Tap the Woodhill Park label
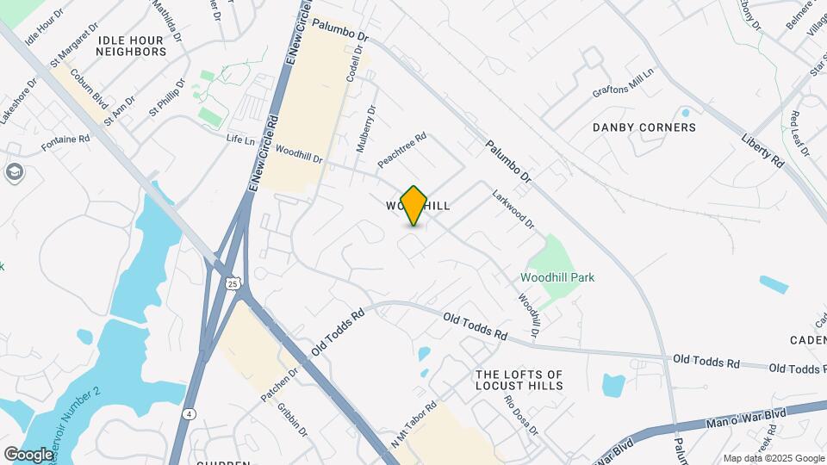(x=557, y=277)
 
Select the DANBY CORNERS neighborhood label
(x=644, y=127)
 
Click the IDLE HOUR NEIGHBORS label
(x=131, y=46)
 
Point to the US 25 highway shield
(x=233, y=282)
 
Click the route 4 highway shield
(x=188, y=413)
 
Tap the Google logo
(x=28, y=454)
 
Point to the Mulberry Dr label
(x=367, y=129)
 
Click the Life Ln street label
(x=240, y=139)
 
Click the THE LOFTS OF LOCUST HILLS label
(x=519, y=380)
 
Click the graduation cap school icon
(x=15, y=172)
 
